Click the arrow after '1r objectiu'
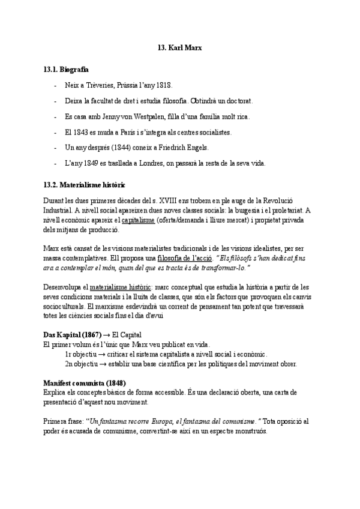[102, 354]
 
